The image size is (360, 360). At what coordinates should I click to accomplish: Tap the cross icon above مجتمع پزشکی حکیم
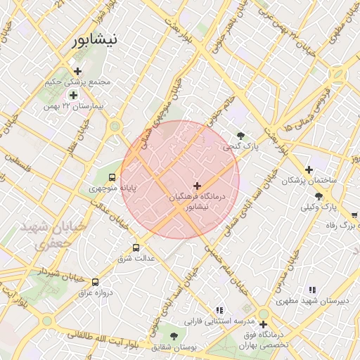[x=77, y=71]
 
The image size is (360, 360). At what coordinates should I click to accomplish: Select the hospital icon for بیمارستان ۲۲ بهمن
[x=73, y=94]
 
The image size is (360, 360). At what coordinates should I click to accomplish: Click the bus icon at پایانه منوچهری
[x=112, y=176]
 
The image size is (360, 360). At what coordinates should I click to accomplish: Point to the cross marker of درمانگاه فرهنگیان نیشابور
[x=196, y=186]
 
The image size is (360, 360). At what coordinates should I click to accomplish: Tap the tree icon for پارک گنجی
[x=241, y=135]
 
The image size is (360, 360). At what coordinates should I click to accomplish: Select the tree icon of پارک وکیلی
[x=319, y=196]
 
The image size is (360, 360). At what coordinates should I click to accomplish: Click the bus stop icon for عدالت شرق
[x=136, y=247]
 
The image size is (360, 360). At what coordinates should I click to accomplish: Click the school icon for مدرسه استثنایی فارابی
[x=219, y=310]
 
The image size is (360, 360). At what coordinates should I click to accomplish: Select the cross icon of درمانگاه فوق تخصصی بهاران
[x=263, y=325]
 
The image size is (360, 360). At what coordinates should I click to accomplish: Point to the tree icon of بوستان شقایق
[x=174, y=336]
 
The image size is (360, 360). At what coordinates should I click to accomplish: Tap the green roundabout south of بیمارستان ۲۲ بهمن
[x=115, y=127]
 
